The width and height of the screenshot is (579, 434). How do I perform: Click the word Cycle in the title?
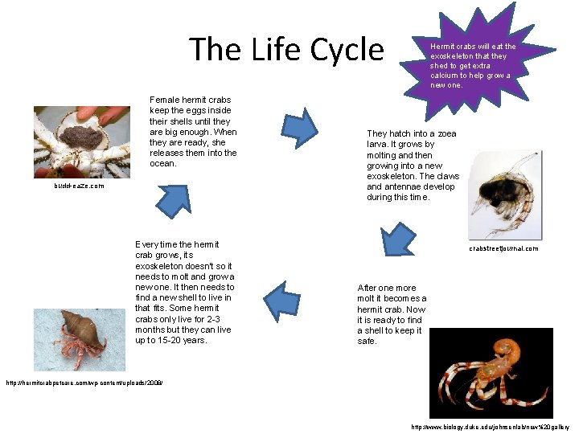[347, 50]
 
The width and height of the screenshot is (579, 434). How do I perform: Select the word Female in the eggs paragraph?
[166, 100]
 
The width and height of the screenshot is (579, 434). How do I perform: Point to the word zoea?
[447, 133]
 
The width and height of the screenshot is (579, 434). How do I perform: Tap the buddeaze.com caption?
[80, 186]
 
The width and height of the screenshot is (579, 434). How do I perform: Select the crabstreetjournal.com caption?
[503, 248]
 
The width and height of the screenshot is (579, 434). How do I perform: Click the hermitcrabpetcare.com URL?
[84, 383]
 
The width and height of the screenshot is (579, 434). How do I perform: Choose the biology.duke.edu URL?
[491, 426]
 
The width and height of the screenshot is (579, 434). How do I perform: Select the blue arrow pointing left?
[281, 298]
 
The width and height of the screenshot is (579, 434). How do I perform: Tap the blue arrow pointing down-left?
[396, 241]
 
